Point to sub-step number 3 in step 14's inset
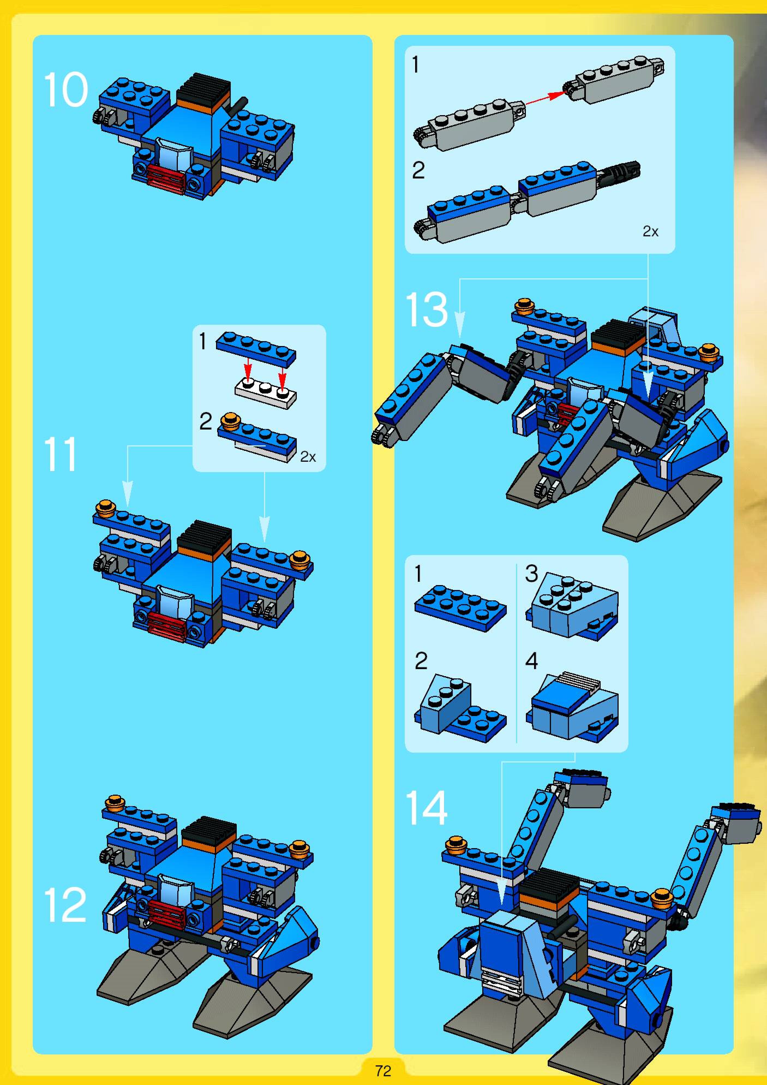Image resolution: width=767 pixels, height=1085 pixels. pyautogui.click(x=532, y=574)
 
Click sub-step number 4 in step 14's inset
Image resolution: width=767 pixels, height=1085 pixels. pyautogui.click(x=532, y=661)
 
